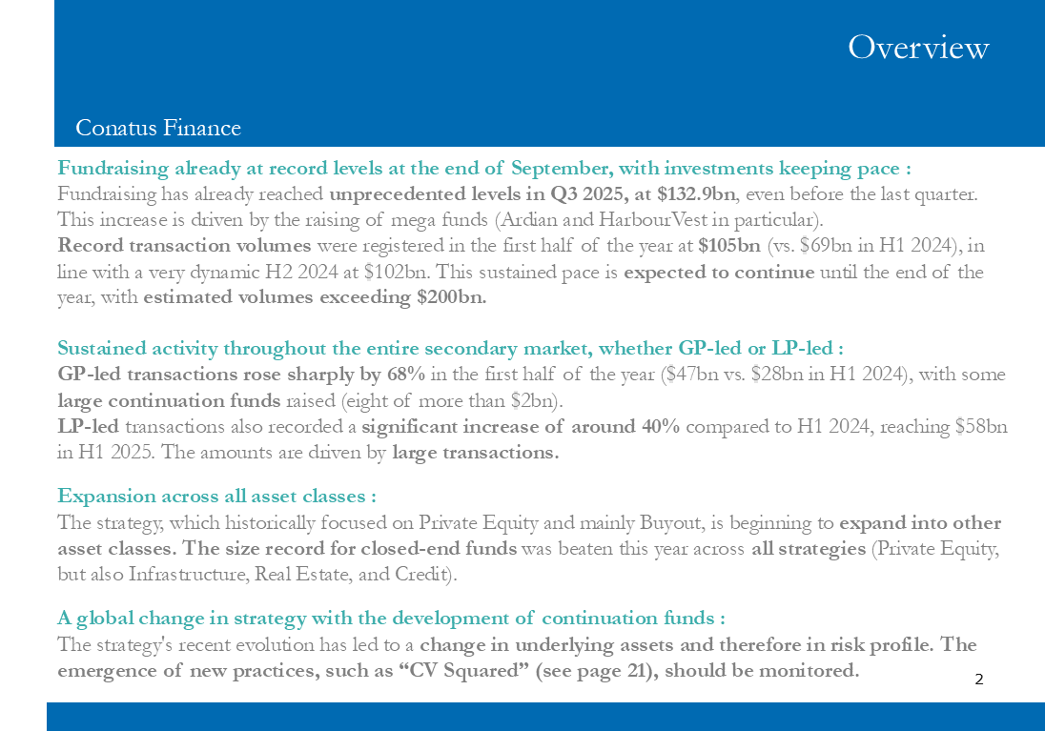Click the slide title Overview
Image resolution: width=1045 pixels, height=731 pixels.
click(x=918, y=47)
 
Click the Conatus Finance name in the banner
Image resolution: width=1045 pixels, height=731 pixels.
click(x=158, y=128)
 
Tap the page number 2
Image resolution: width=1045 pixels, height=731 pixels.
click(x=978, y=680)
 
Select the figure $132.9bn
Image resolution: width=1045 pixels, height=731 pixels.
click(x=696, y=193)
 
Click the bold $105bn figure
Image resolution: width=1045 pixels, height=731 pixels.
click(x=729, y=245)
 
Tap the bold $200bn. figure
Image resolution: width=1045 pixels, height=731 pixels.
click(x=452, y=296)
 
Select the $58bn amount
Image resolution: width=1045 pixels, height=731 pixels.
click(x=980, y=425)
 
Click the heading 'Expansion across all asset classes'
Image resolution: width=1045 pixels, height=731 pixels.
click(x=216, y=496)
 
